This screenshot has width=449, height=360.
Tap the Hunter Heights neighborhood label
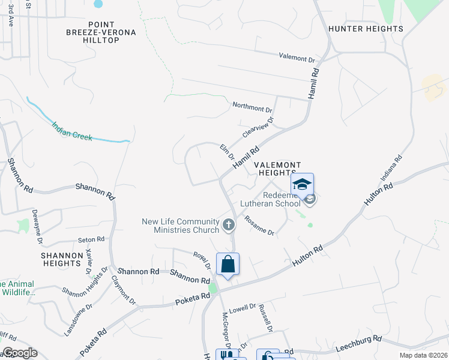pos(365,29)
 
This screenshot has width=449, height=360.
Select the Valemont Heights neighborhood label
pos(277,169)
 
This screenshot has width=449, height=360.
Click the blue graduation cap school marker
pos(302,184)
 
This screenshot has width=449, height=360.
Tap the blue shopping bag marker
pos(228,264)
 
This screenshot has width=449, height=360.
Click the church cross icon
pos(228,225)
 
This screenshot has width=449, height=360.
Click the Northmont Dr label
pos(252,108)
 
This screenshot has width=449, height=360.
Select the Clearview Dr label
pos(258,127)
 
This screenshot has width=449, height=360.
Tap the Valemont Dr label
pos(297,59)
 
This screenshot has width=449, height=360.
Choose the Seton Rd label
pos(91,239)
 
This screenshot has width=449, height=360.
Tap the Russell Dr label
pos(266,319)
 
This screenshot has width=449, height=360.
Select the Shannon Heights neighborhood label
pos(61,259)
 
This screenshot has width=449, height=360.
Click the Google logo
pos(20,353)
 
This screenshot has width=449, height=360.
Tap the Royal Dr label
pos(202,260)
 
